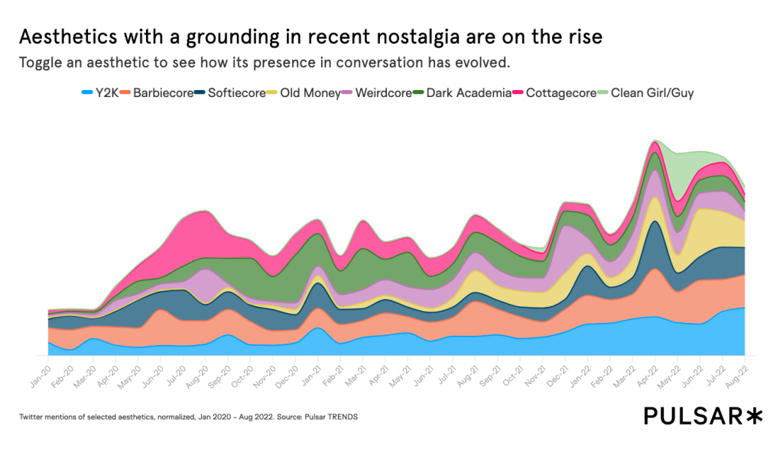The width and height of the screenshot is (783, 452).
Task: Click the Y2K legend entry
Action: (106, 93)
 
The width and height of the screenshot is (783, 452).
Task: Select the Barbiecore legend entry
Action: (163, 93)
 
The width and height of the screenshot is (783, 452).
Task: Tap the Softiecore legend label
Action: (234, 93)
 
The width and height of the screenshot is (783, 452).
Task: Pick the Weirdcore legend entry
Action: (375, 93)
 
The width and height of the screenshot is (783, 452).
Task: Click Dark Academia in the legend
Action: (463, 93)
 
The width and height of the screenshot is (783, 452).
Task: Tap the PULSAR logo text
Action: (693, 416)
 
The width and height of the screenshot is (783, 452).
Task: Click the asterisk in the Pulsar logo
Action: (755, 415)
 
